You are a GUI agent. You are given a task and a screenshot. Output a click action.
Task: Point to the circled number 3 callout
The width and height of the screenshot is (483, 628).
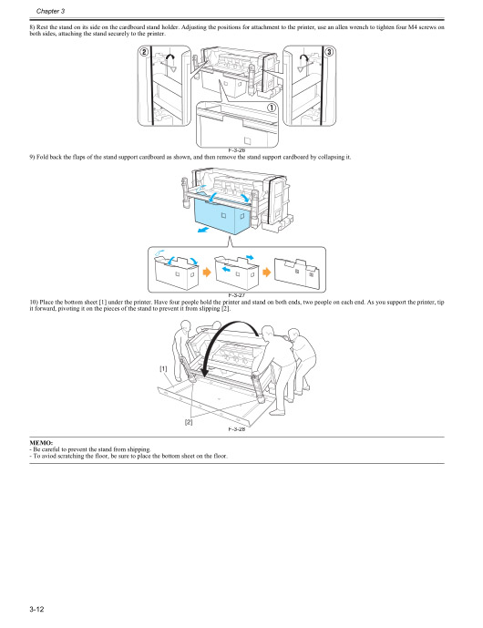coord(327,52)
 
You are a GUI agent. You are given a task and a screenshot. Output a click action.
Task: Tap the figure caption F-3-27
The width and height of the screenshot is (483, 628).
coord(236,294)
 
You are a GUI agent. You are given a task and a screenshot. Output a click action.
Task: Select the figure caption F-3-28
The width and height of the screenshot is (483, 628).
coord(236,428)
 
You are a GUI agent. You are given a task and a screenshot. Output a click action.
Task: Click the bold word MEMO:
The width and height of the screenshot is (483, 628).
coord(42,441)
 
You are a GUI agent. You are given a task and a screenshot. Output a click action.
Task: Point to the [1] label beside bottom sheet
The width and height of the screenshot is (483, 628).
coord(163,368)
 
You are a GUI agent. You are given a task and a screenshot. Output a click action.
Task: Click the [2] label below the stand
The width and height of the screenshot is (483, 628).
coord(189,422)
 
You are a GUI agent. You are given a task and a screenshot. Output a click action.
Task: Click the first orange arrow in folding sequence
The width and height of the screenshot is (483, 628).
coord(207,271)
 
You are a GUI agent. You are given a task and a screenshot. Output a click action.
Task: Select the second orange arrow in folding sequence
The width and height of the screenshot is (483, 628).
coord(267,271)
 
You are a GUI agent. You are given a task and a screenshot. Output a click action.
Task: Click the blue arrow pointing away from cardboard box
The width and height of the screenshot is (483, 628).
coord(205,232)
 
